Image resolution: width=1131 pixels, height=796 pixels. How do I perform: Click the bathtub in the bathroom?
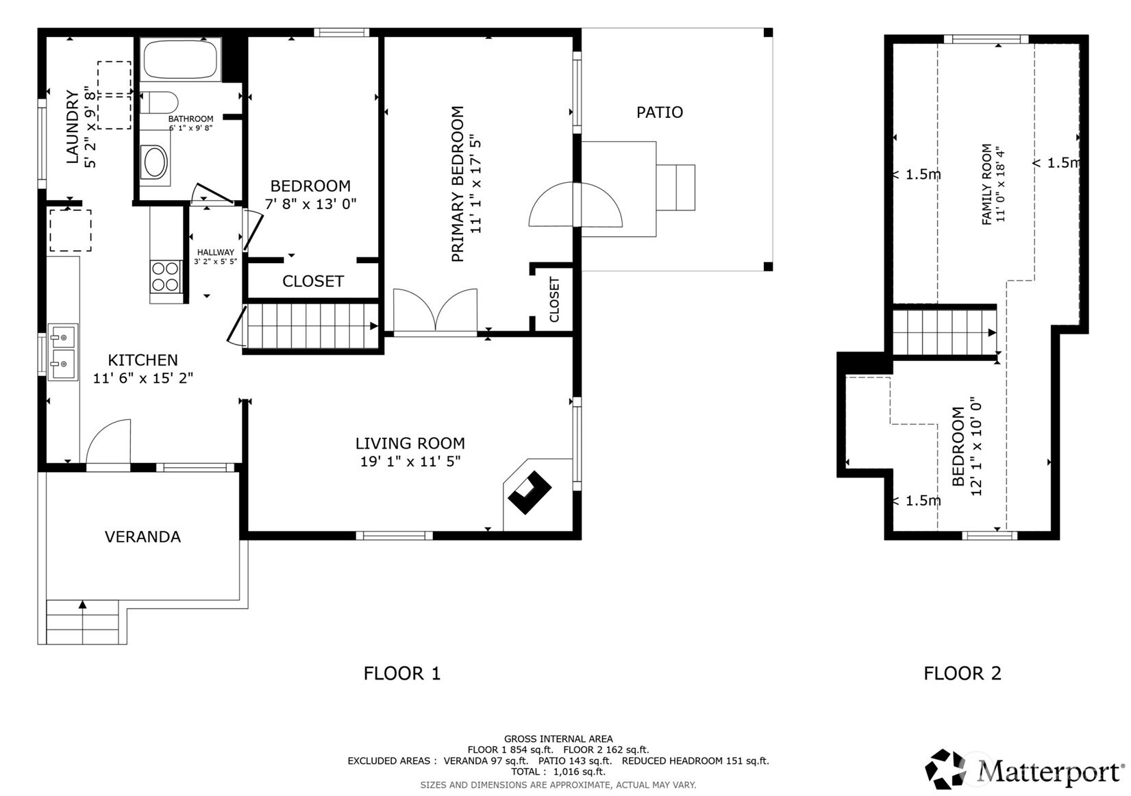pos(180,60)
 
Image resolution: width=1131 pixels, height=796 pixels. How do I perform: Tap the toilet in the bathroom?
pos(158,103)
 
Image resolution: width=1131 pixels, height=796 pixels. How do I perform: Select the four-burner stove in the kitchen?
pos(166,276)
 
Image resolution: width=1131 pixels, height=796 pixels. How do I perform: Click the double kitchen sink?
pos(63,352)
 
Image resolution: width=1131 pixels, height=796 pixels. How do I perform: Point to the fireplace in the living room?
pos(529,492)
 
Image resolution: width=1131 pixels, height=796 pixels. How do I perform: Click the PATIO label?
pos(660,112)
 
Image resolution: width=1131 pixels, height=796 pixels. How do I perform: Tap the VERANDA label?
pos(142,536)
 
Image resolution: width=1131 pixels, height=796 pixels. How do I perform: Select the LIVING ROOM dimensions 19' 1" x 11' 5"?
pos(410,461)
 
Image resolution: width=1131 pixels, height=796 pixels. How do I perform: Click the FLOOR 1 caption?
pos(402,673)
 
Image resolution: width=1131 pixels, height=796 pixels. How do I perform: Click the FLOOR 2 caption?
pos(962,673)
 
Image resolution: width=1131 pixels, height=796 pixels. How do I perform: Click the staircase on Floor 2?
pos(944,333)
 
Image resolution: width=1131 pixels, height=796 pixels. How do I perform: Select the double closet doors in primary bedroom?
pos(435,312)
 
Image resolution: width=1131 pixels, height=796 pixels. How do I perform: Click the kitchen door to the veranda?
pos(108,443)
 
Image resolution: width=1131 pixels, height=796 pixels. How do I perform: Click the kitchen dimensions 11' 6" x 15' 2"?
pos(143,378)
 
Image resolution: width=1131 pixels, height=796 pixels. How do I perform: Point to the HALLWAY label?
pos(216,252)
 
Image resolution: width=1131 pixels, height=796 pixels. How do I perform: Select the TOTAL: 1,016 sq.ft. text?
pos(558,772)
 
